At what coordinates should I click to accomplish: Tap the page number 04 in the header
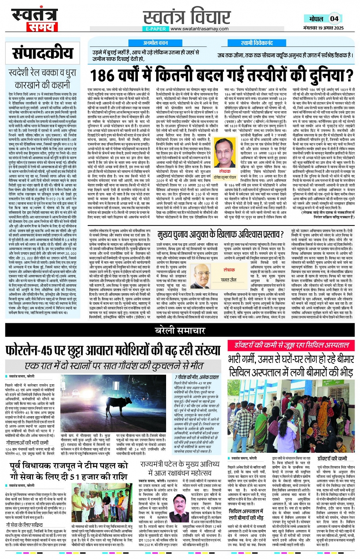coord(334,19)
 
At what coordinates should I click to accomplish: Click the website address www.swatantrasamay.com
coord(199,29)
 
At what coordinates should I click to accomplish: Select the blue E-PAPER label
coord(156,29)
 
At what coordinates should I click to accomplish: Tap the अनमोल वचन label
coord(155,43)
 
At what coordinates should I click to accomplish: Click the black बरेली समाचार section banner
coord(180,331)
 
